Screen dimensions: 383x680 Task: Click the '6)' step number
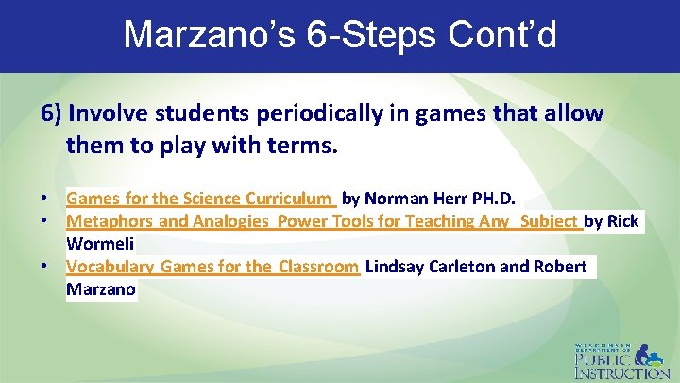pyautogui.click(x=52, y=114)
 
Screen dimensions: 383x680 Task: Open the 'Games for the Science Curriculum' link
pyautogui.click(x=200, y=200)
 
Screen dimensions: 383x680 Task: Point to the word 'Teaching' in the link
pyautogui.click(x=442, y=221)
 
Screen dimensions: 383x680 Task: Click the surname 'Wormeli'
pyautogui.click(x=100, y=243)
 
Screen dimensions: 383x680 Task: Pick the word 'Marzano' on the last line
pyautogui.click(x=101, y=288)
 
